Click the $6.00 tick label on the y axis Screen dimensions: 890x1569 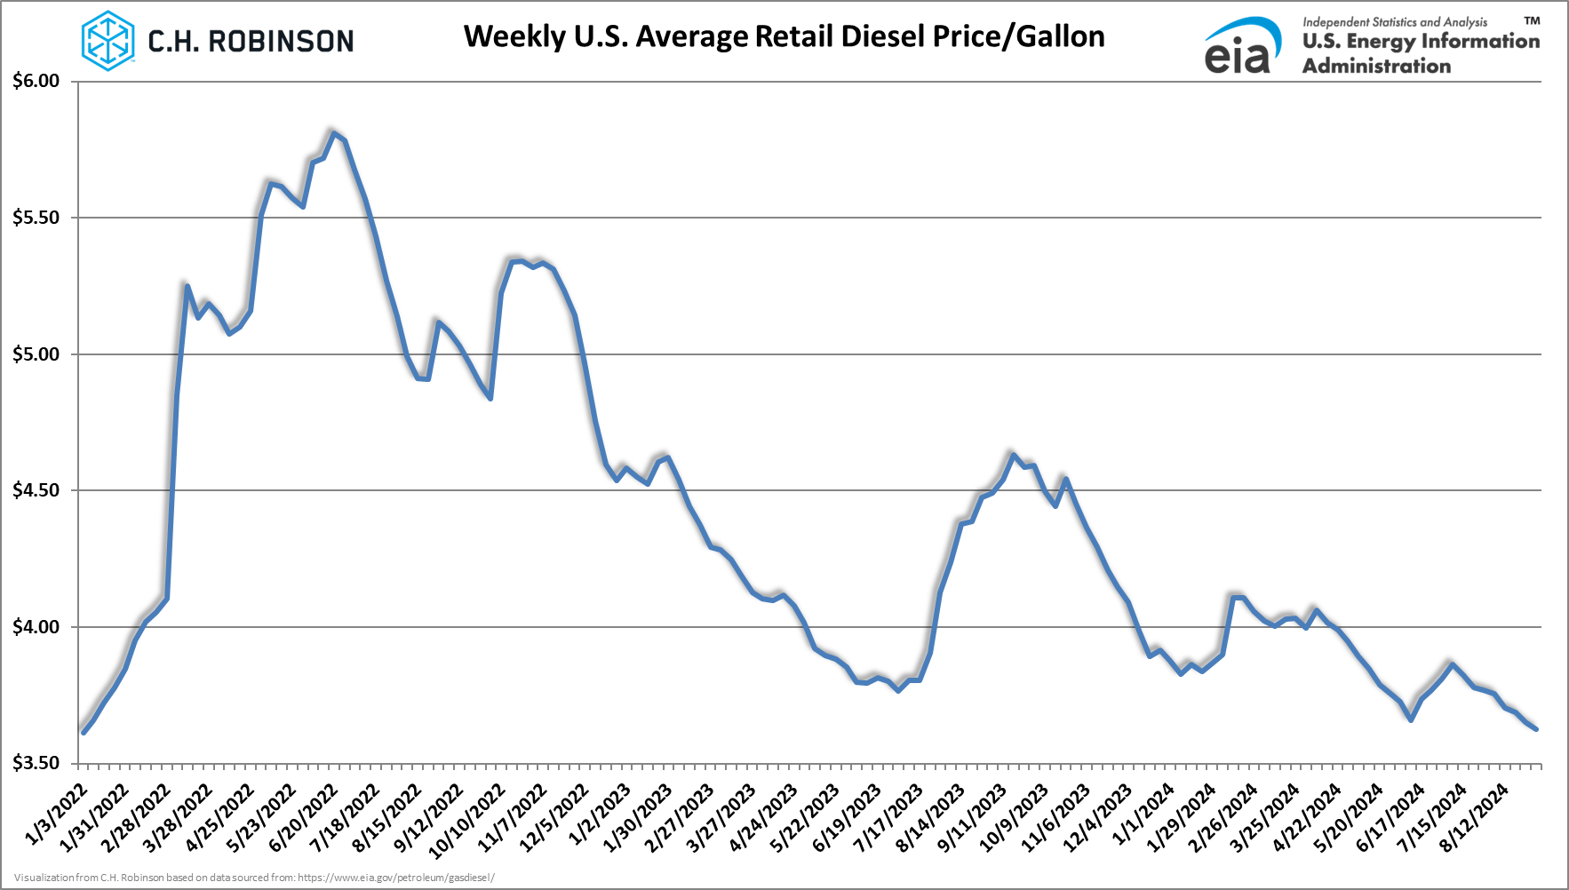click(x=36, y=82)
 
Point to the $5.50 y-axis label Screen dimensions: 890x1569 click(x=36, y=218)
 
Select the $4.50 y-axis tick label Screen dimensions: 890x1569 click(x=36, y=490)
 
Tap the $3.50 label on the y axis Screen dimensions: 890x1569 click(x=36, y=763)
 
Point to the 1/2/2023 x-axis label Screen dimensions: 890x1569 click(x=601, y=814)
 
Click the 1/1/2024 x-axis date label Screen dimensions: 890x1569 click(x=1145, y=814)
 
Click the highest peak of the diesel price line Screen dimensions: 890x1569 click(x=333, y=132)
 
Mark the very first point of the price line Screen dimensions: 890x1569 click(x=83, y=732)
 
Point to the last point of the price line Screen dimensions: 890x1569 click(x=1536, y=729)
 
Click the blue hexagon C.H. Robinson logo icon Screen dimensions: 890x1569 click(x=108, y=41)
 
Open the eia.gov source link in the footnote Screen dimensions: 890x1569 click(x=396, y=878)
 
